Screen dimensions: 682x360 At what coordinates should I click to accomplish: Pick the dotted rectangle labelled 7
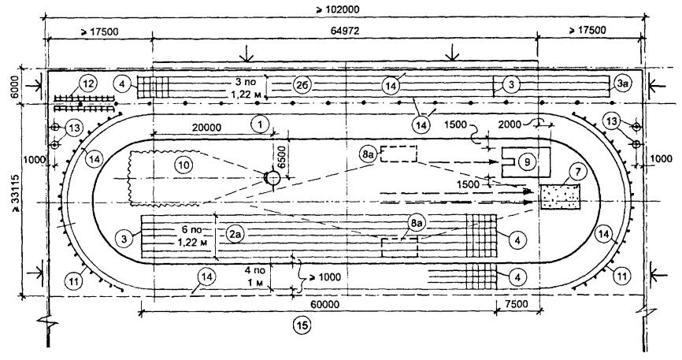[x=560, y=196]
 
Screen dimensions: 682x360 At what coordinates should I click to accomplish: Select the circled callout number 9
[x=527, y=162]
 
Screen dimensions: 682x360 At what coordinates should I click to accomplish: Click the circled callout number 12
[x=87, y=84]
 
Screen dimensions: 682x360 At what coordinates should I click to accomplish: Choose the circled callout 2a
[x=235, y=235]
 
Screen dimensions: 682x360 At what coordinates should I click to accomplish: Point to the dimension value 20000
[x=206, y=128]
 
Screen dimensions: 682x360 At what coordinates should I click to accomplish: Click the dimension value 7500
[x=517, y=303]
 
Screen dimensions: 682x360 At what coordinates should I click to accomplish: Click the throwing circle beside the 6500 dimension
[x=273, y=178]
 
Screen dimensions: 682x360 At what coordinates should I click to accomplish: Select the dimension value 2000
[x=510, y=124]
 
